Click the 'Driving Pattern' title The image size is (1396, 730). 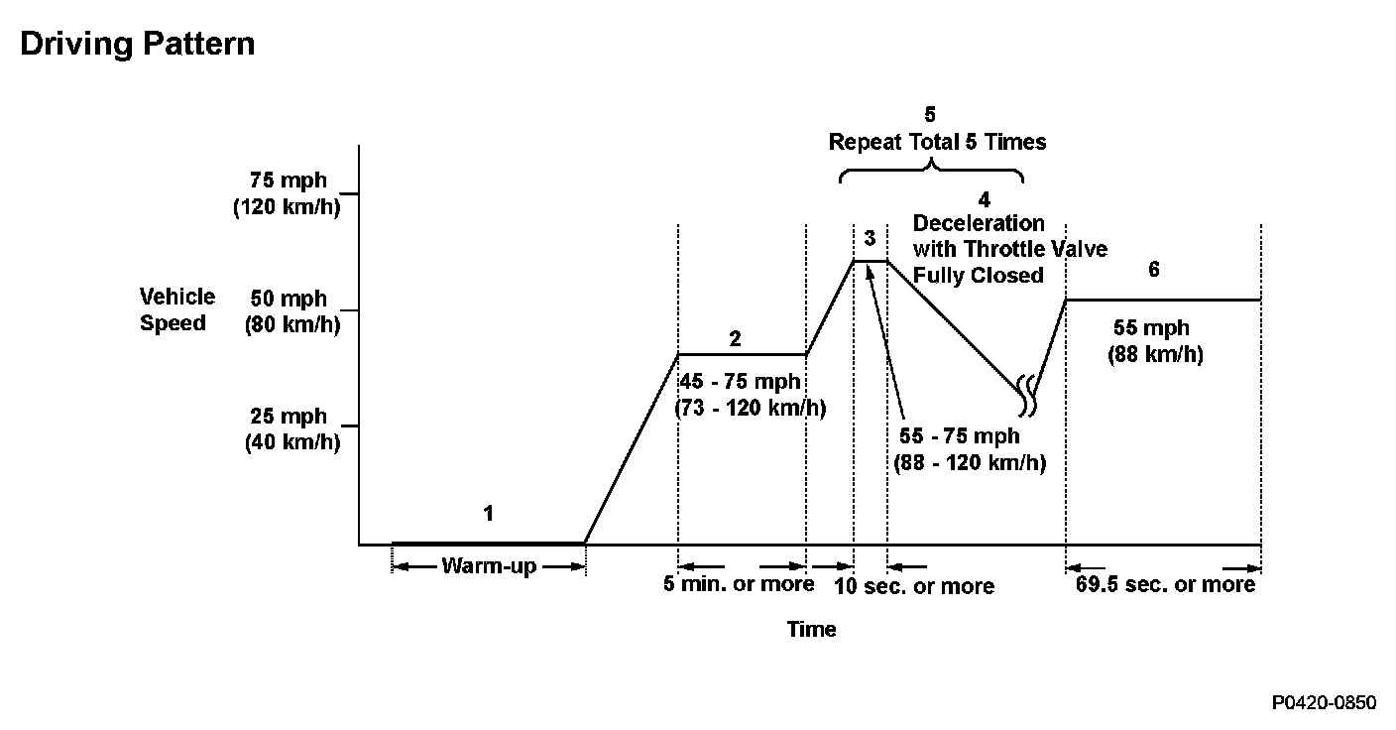tap(137, 45)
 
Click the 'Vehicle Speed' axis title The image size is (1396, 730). tap(176, 309)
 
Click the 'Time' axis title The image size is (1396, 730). tap(811, 629)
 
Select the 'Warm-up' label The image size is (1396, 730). tap(488, 566)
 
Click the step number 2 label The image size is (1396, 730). tap(735, 338)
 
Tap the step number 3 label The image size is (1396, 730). tap(870, 238)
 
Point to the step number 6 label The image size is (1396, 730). tap(1153, 270)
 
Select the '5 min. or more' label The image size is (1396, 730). tap(739, 584)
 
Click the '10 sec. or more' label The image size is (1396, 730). tap(913, 586)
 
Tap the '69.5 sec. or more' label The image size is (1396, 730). tap(1165, 584)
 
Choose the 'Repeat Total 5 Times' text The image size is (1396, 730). tap(937, 142)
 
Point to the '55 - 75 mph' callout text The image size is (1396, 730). tap(959, 436)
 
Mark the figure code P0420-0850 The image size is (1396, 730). tap(1325, 702)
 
